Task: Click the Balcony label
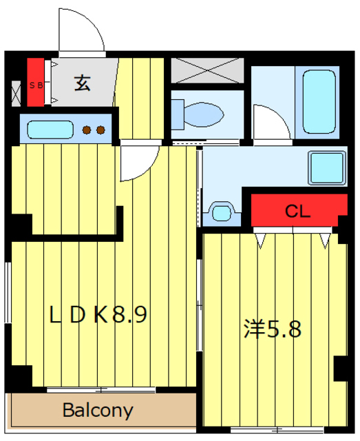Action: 98,411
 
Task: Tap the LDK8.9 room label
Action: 98,315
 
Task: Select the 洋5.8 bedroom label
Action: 272,329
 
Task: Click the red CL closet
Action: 298,210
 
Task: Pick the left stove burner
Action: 87,130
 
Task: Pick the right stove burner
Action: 100,130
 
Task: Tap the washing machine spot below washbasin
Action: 222,211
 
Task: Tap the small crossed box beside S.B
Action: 17,92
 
